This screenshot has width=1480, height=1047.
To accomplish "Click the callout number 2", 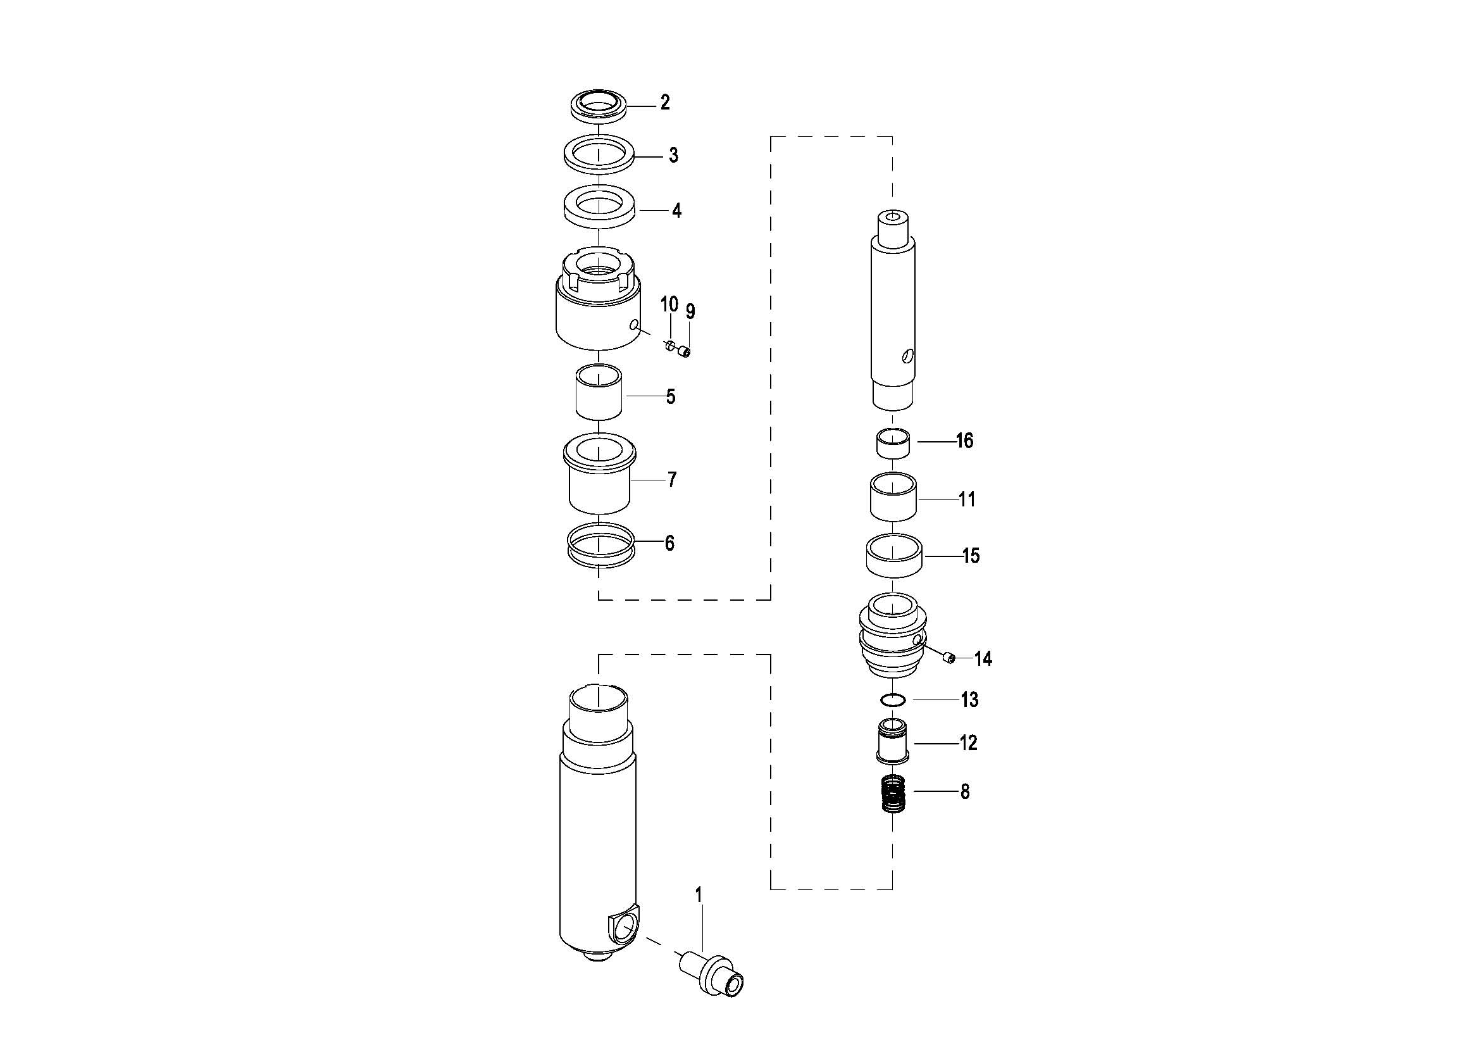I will tap(664, 103).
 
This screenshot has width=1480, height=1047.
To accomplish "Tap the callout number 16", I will tap(964, 441).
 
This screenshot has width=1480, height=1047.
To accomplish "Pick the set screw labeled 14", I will tap(948, 658).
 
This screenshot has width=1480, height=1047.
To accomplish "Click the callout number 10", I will tap(669, 304).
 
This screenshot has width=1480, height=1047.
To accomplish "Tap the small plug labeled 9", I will tap(686, 352).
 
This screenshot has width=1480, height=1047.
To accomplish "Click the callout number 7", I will tap(673, 480).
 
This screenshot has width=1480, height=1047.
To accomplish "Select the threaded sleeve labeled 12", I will tap(892, 744).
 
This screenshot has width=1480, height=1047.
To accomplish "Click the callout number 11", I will tap(967, 499).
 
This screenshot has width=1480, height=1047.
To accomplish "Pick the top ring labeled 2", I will tap(599, 104).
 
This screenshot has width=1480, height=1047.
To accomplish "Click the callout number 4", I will tap(676, 211).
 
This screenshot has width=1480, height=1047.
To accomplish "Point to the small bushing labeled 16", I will tap(893, 444).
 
